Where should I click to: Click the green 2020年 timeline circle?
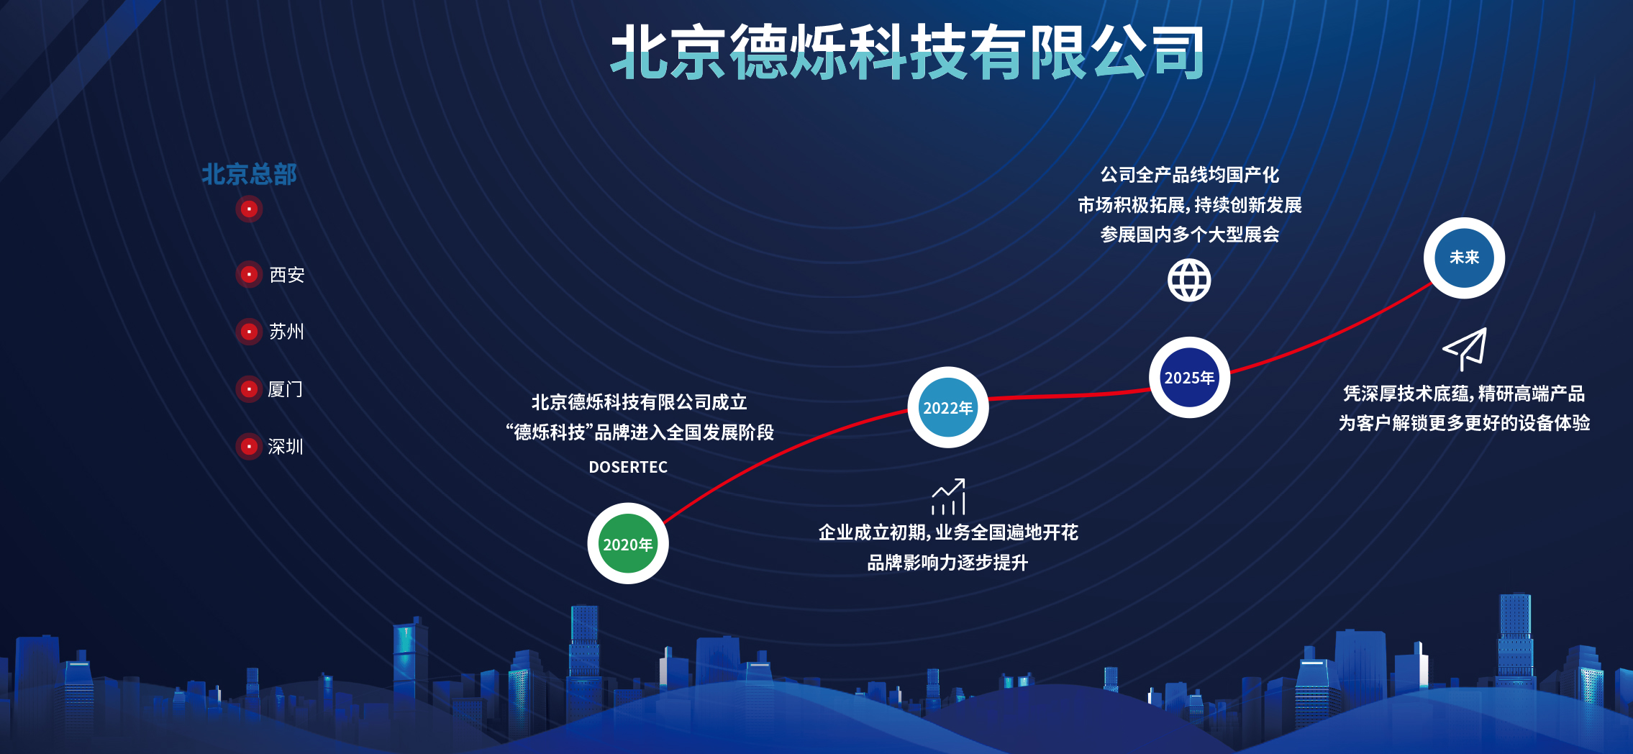(628, 543)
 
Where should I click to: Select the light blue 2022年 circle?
(948, 407)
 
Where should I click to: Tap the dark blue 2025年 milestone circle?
(1189, 377)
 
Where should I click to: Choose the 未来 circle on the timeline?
(1464, 258)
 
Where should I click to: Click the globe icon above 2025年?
(1189, 280)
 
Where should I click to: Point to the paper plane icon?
(1465, 349)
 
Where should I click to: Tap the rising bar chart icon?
(948, 496)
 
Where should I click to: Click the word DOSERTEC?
(628, 467)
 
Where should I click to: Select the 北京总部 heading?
(249, 174)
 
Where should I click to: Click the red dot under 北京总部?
(249, 209)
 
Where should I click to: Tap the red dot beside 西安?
(249, 274)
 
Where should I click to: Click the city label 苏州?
(286, 332)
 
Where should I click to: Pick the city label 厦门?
(286, 389)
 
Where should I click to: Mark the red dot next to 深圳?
(249, 447)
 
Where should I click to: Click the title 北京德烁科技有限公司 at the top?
(908, 52)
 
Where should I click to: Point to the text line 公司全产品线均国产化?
(1190, 175)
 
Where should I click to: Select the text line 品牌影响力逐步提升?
(947, 563)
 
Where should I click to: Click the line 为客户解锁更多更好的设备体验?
(1464, 423)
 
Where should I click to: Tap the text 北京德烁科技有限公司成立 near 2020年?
(639, 402)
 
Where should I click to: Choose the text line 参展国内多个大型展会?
(1190, 235)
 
